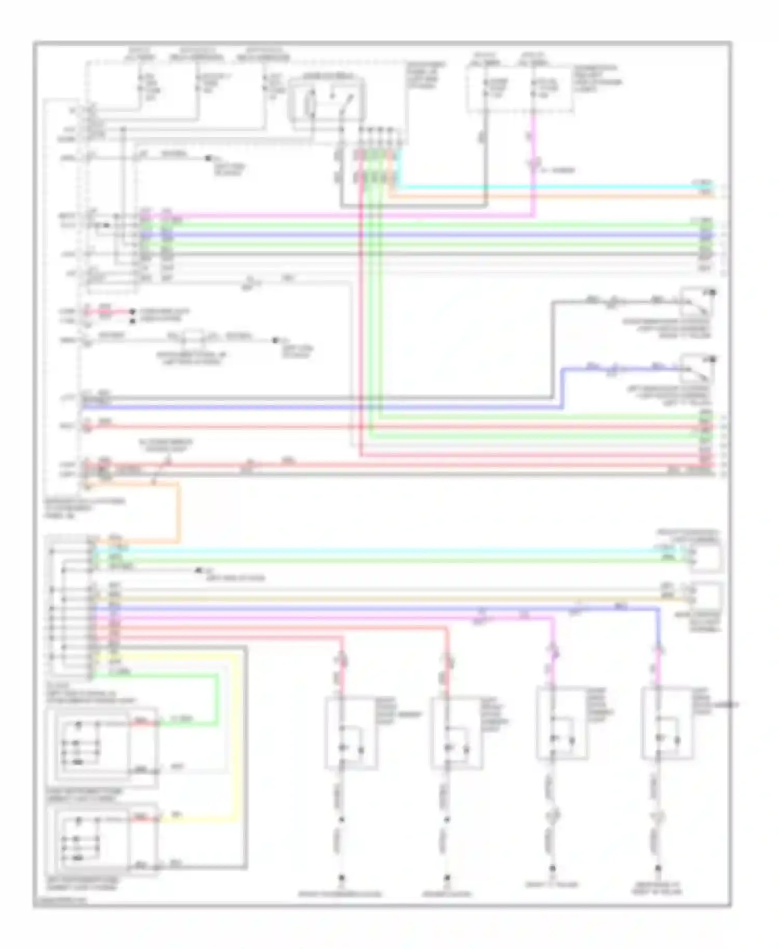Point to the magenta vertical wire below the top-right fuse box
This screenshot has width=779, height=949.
533,145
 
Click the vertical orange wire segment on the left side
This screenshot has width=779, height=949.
178,511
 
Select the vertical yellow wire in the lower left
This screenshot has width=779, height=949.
238,737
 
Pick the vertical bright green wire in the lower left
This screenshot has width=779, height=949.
216,698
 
